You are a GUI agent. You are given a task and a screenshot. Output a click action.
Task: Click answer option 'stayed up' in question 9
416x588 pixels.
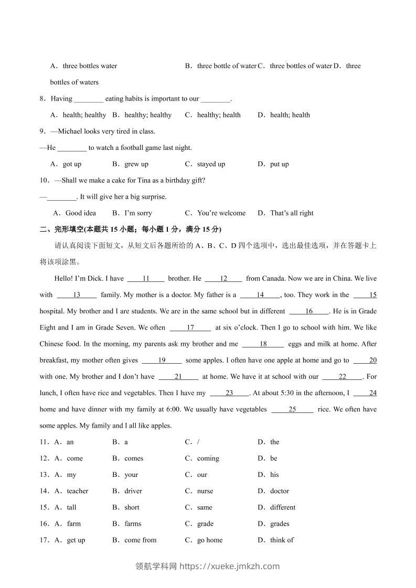click(211, 164)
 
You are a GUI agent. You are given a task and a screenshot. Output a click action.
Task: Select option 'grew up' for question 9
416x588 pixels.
click(136, 164)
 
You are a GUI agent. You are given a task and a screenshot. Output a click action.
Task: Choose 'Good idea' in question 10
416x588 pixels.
click(80, 213)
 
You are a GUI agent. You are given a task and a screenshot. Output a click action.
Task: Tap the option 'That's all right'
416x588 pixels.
click(292, 213)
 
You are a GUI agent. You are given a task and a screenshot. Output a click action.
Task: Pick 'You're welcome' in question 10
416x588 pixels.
click(221, 213)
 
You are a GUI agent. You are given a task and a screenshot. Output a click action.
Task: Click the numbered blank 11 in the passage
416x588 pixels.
click(146, 279)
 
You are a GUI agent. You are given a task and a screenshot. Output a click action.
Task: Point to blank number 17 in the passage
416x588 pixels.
click(190, 328)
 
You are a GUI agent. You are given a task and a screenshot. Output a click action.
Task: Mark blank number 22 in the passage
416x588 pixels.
click(343, 376)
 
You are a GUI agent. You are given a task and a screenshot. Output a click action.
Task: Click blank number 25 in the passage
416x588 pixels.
click(292, 409)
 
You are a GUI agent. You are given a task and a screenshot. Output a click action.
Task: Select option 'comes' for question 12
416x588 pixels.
click(134, 458)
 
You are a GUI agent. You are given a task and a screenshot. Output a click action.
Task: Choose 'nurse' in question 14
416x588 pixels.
click(205, 491)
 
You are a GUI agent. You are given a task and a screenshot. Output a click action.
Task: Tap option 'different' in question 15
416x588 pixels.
click(283, 507)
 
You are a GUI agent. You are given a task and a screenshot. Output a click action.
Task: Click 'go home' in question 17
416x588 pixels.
click(210, 540)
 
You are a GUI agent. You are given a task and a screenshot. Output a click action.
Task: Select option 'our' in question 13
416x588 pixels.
click(202, 475)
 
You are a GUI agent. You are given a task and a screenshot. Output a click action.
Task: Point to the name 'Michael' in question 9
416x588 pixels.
click(70, 131)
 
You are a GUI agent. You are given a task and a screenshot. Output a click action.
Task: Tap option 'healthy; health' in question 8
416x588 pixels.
click(219, 115)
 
